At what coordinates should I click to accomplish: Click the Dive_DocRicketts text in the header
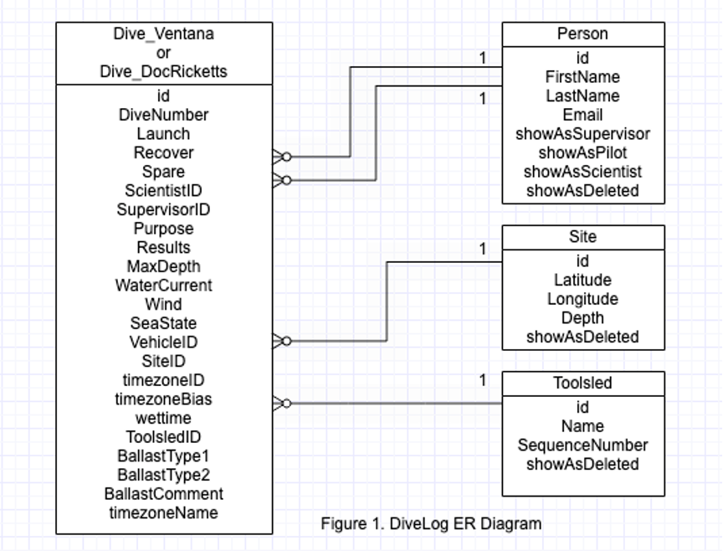tap(163, 72)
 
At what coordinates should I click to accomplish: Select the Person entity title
tap(582, 34)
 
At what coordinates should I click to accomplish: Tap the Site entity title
tap(582, 237)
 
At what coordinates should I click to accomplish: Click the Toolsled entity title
tap(582, 384)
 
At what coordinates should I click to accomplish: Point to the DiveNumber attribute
tap(163, 115)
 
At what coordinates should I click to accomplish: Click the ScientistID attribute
tap(163, 191)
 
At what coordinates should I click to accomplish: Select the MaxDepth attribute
tap(163, 266)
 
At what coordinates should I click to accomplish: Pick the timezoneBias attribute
tap(163, 399)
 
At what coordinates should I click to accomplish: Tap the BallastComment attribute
tap(163, 494)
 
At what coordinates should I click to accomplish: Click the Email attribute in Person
tap(582, 115)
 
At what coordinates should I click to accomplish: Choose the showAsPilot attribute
tap(582, 152)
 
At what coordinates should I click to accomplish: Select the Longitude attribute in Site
tap(582, 299)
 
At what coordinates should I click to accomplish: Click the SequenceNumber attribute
tap(582, 445)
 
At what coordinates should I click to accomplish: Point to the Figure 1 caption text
tap(431, 524)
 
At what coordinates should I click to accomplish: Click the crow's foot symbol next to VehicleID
tap(282, 341)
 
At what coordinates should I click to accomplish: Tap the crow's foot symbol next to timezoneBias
tap(282, 404)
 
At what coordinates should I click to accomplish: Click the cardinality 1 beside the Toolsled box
tap(483, 381)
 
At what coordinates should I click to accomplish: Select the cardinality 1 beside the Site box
tap(483, 249)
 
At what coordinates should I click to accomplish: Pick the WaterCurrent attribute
tap(163, 286)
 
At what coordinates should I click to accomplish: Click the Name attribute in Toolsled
tap(582, 426)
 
